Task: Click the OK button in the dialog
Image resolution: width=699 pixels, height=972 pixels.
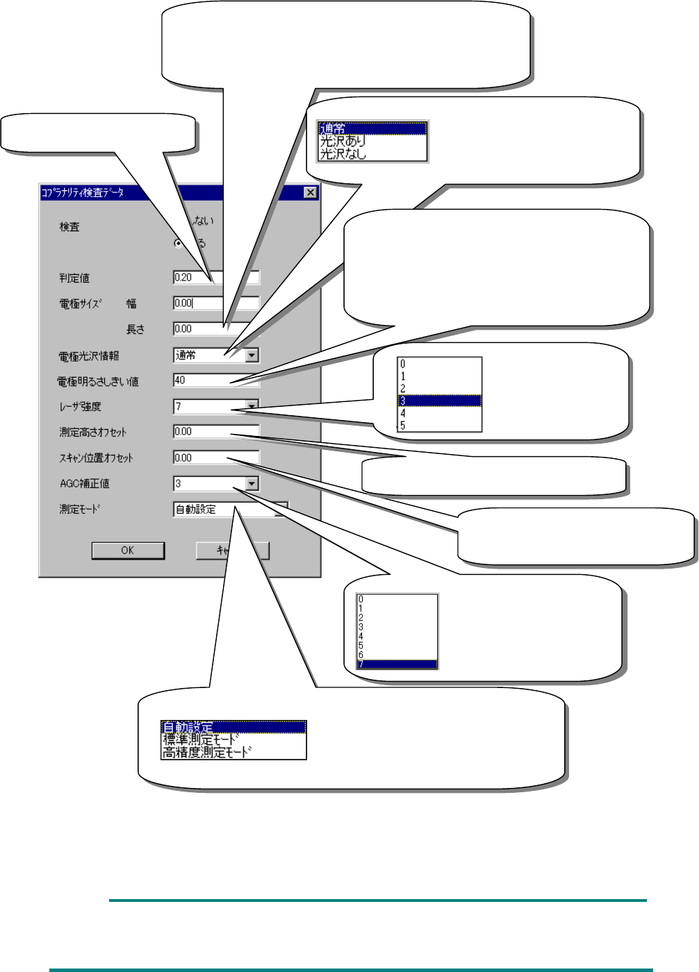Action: tap(128, 551)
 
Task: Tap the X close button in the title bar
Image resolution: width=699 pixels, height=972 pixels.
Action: tap(311, 192)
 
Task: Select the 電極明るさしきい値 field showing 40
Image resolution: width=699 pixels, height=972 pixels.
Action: tap(202, 380)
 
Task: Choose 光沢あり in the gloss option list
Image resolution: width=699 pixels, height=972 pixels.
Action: tap(343, 141)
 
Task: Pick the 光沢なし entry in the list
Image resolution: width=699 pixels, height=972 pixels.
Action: tap(343, 153)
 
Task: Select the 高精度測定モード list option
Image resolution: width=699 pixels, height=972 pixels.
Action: tap(207, 752)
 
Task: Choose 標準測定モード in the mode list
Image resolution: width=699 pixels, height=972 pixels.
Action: tap(202, 739)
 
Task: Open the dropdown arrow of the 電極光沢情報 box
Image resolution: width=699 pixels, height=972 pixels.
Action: tap(252, 355)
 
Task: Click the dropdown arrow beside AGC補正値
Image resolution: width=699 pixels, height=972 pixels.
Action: tap(252, 484)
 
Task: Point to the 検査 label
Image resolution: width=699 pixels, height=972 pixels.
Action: tap(69, 227)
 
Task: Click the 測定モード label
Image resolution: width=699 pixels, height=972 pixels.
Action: tap(80, 509)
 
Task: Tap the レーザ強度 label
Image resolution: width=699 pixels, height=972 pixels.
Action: tap(81, 407)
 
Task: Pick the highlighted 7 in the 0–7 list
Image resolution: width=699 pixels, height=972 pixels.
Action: tap(397, 664)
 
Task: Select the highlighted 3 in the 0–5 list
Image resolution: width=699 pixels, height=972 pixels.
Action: tap(439, 401)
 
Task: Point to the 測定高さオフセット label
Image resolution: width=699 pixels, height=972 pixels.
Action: tap(93, 433)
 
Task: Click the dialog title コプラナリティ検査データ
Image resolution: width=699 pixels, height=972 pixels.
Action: tap(83, 192)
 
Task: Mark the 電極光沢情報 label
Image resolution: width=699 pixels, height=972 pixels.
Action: tap(89, 356)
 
